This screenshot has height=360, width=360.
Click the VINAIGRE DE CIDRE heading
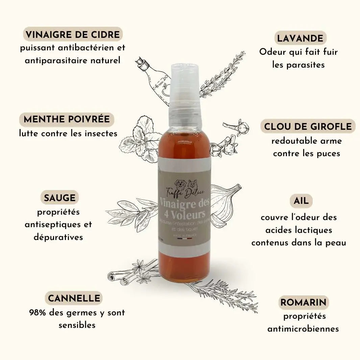tap(73, 34)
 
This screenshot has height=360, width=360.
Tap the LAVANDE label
tap(300, 38)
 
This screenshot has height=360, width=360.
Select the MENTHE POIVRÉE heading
tap(67, 119)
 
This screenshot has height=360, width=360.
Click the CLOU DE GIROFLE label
tap(308, 126)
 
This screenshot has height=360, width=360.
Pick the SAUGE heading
tap(59, 197)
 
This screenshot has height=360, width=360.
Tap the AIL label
tap(301, 201)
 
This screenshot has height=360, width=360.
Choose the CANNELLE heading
tap(74, 298)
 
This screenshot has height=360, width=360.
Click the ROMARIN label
tap(304, 302)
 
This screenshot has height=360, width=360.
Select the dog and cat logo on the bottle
tap(185, 184)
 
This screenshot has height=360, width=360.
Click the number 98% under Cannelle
tap(38, 313)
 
